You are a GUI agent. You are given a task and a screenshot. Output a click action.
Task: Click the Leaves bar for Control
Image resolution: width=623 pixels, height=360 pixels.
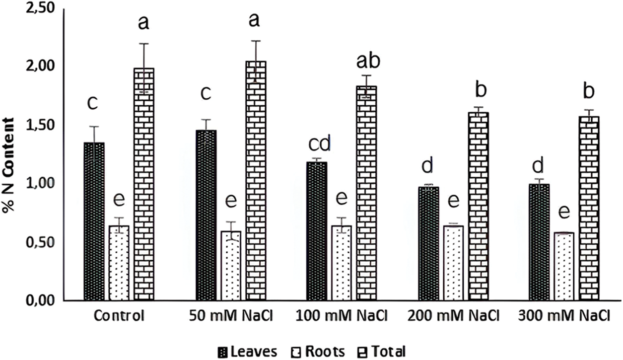pos(94,221)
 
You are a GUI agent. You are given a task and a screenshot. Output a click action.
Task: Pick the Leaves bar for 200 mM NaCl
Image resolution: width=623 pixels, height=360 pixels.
pos(429,243)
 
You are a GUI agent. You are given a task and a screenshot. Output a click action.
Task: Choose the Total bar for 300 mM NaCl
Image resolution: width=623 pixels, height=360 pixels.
pos(588,209)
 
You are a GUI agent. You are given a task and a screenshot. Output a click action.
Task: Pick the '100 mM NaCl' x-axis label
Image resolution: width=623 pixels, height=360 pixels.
pos(342,316)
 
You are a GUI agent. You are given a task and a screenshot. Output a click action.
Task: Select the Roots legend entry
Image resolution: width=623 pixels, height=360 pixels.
pos(318,352)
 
